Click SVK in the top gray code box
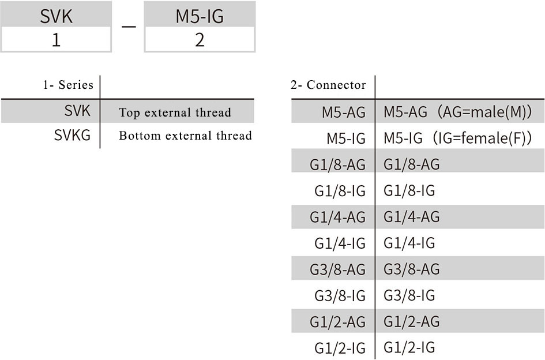(56, 16)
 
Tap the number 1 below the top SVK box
(56, 40)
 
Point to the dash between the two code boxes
(128, 27)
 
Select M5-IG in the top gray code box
(200, 16)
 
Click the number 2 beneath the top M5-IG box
(200, 40)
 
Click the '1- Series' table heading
(68, 85)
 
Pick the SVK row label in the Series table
(77, 111)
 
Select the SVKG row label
(72, 135)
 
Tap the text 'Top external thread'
(175, 112)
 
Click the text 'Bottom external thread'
(185, 136)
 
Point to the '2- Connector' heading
(328, 85)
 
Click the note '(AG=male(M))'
(484, 112)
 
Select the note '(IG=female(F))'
(482, 138)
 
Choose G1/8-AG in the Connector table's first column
(337, 164)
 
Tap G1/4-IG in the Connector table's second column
(409, 243)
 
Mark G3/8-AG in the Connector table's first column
(337, 269)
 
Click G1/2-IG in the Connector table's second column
(409, 347)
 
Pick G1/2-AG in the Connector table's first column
(337, 322)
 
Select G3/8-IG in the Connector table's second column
(409, 295)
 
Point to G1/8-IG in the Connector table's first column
(340, 191)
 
